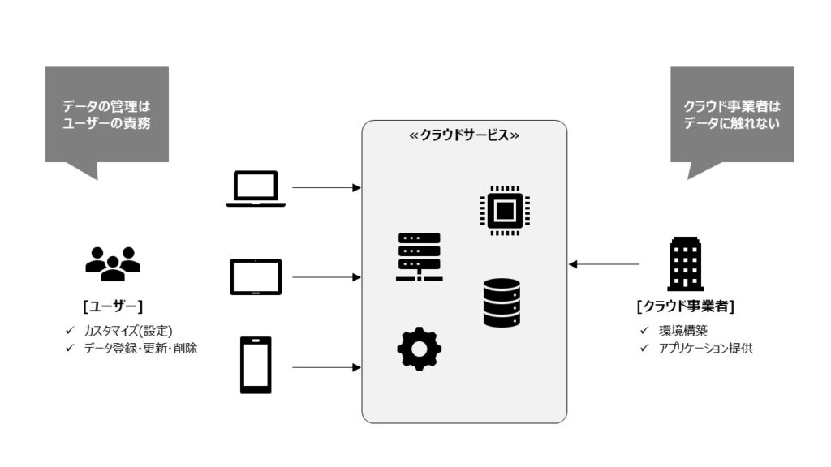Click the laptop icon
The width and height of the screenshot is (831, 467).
point(256,188)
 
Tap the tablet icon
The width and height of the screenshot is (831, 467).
point(256,277)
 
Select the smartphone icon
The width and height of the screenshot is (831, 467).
point(256,365)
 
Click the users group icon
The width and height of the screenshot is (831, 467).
point(113,263)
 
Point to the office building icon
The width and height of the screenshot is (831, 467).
point(685,263)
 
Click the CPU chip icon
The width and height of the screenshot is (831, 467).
point(505,211)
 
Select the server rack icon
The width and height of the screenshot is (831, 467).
point(420,256)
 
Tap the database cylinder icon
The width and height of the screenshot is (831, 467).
point(502,302)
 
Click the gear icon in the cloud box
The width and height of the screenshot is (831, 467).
point(420,349)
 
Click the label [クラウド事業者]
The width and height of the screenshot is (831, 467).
point(686,306)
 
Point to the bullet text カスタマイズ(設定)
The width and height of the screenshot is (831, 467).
point(128,331)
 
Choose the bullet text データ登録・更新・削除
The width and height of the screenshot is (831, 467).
point(140,348)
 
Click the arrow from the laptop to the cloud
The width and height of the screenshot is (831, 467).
point(326,188)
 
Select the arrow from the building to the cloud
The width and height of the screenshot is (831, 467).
point(604,264)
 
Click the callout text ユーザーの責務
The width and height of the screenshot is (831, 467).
point(107,124)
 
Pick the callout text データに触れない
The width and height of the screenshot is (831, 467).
point(732,124)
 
